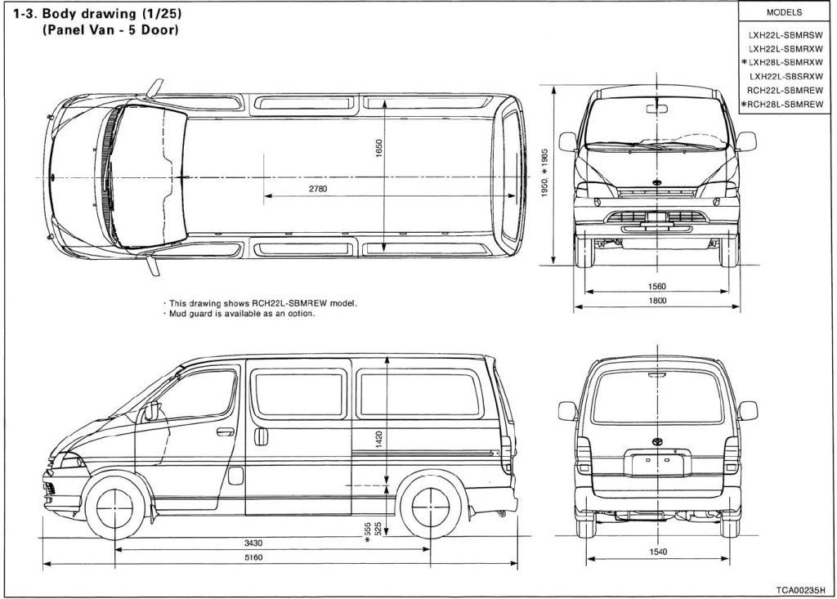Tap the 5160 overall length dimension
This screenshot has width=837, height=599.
(254, 557)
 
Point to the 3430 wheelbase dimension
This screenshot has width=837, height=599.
(253, 543)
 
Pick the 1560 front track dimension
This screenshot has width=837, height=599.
(656, 287)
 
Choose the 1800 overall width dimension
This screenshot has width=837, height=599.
(657, 301)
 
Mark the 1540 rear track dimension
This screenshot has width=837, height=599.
(658, 552)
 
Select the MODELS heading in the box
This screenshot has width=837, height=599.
(784, 13)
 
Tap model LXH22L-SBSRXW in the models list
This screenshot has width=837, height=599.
(785, 76)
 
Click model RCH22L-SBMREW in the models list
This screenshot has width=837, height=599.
(785, 90)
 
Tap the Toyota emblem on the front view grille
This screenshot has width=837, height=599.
(657, 185)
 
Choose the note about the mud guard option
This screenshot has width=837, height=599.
(241, 313)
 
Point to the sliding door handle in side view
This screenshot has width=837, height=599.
(261, 436)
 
